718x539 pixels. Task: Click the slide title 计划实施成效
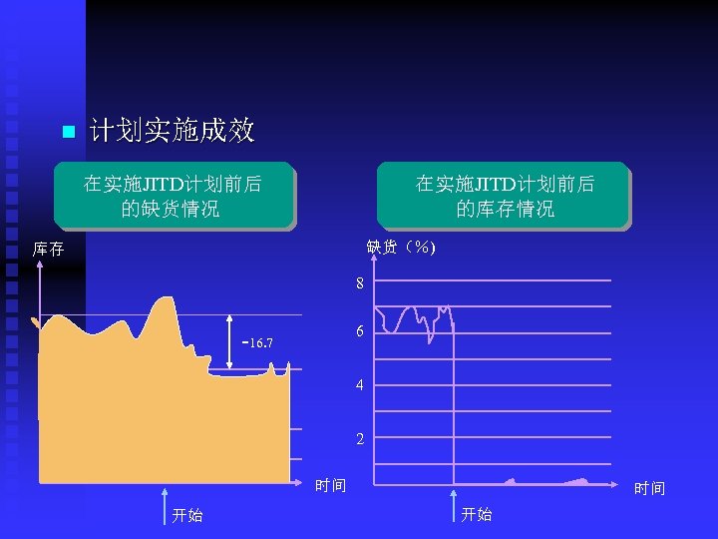pos(172,130)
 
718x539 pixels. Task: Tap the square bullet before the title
pos(67,132)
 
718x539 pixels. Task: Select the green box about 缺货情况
pos(173,196)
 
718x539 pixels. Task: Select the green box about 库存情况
pos(504,196)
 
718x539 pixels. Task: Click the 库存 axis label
pos(48,249)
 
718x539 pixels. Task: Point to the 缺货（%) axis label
pos(401,247)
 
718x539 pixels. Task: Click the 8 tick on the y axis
pos(360,284)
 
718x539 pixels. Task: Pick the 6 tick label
pos(360,331)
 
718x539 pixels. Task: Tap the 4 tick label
pos(360,385)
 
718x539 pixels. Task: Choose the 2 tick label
pos(360,439)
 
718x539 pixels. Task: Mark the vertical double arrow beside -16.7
pos(231,343)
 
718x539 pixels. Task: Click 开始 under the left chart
pos(186,515)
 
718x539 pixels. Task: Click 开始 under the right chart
pos(476,514)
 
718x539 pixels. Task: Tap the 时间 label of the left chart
pos(330,486)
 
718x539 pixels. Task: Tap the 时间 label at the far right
pos(649,488)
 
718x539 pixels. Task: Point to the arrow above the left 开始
pos(167,502)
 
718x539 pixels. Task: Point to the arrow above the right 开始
pos(455,502)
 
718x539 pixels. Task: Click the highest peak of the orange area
pos(161,299)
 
